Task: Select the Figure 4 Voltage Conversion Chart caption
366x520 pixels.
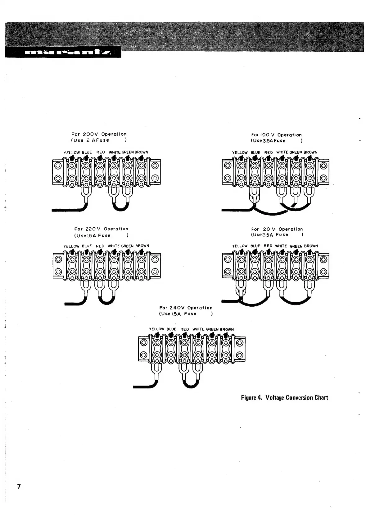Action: tap(284, 397)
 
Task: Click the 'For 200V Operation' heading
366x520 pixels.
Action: tap(99, 134)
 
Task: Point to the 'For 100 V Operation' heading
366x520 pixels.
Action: tap(276, 135)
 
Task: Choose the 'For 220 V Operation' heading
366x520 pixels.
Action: tap(101, 229)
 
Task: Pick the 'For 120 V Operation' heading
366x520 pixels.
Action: tap(277, 229)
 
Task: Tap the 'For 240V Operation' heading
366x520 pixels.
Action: tap(186, 308)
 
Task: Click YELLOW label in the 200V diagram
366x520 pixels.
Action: tap(71, 153)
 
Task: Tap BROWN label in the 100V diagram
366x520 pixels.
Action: tap(310, 152)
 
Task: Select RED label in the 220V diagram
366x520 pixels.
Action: tap(100, 246)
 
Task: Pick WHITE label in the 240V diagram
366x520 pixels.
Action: tap(198, 329)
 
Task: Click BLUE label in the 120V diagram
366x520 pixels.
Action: tap(255, 246)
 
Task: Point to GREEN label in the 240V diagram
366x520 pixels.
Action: tap(212, 329)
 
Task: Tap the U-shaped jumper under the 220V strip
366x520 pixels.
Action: tap(106, 300)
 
